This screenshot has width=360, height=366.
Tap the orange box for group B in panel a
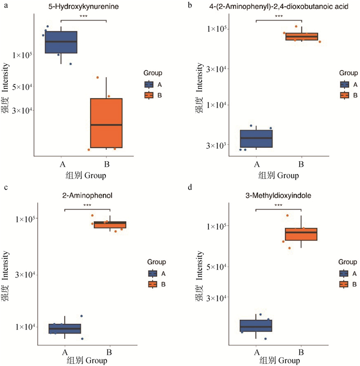tap(106, 123)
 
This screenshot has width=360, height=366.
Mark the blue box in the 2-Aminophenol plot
tap(65, 328)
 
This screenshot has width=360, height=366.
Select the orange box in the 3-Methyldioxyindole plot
tap(301, 234)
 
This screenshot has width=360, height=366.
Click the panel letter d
tap(191, 187)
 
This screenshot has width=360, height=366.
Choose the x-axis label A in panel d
tap(256, 352)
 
